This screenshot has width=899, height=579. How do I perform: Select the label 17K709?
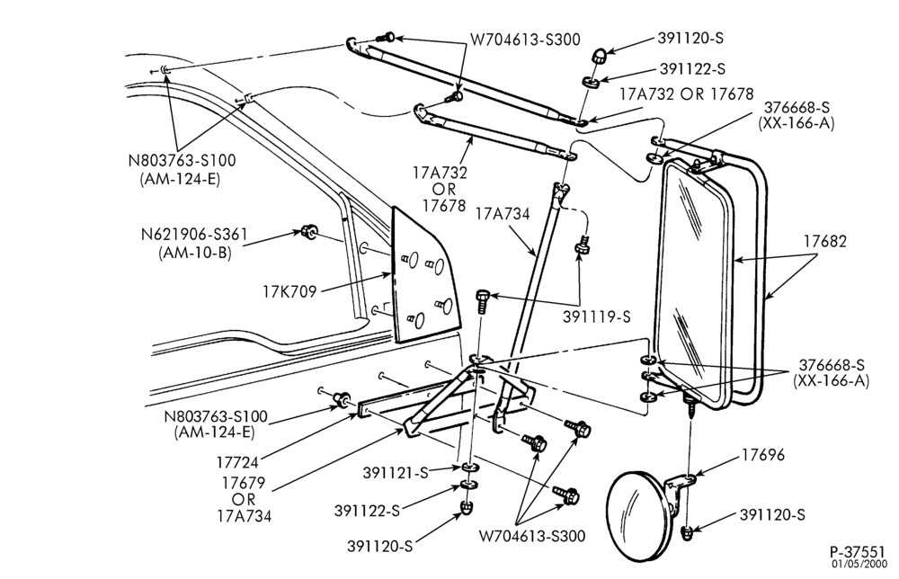290,292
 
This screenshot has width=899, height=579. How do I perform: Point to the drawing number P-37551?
857,551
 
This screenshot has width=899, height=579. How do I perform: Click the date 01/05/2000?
859,564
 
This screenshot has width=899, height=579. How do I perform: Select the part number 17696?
763,455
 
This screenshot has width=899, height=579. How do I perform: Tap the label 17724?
237,461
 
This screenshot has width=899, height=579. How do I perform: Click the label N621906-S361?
194,235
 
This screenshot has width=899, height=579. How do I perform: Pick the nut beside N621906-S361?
309,232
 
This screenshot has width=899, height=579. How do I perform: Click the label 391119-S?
596,316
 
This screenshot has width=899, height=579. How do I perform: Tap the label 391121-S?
396,473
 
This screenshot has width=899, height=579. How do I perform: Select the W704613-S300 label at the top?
525,39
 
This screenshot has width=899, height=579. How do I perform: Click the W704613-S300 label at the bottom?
532,536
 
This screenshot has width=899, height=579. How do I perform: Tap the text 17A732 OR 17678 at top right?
686,94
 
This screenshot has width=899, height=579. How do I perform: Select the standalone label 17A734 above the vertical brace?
503,214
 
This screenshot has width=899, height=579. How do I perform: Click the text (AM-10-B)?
195,253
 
